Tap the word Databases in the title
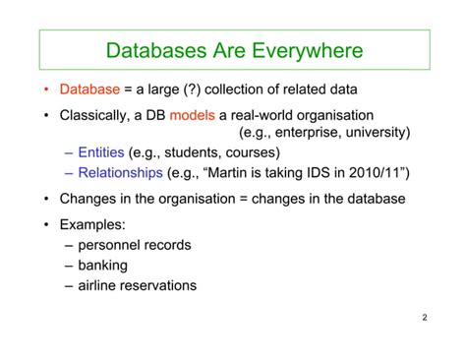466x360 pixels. click(153, 49)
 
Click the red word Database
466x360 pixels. click(89, 90)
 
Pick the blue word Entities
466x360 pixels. click(101, 152)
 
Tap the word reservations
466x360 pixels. click(162, 285)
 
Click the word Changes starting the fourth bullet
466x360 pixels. click(90, 199)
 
